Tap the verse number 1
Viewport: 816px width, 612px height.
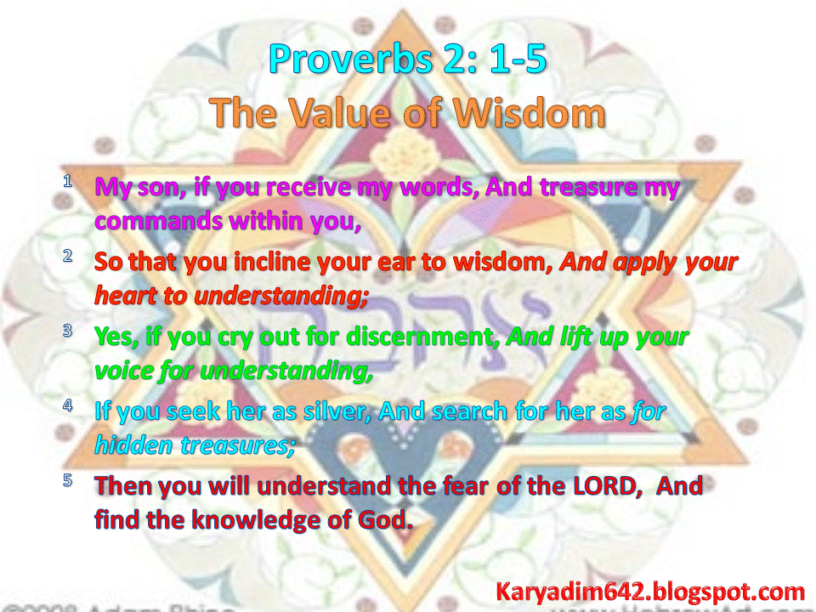(x=67, y=181)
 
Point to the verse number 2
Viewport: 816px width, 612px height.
(x=67, y=256)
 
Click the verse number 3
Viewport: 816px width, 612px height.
(x=67, y=331)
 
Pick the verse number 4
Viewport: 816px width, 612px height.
(x=67, y=405)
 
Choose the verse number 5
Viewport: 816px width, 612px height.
(x=67, y=480)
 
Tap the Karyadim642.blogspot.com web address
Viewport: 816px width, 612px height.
(x=650, y=591)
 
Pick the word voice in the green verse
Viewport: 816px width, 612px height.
(x=122, y=371)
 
